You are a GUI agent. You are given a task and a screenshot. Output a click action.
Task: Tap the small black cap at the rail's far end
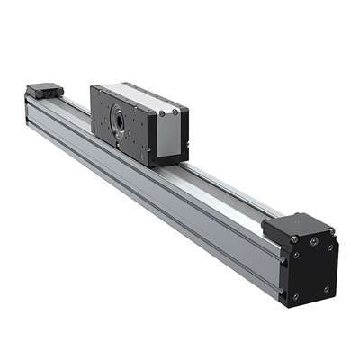(44, 90)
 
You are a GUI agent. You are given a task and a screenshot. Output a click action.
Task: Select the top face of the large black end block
(296, 225)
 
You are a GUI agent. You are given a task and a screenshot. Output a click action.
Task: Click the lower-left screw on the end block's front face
(294, 295)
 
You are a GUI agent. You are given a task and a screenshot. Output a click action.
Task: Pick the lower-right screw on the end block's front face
(327, 288)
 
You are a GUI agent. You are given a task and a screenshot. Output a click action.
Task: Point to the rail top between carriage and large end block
(225, 189)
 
